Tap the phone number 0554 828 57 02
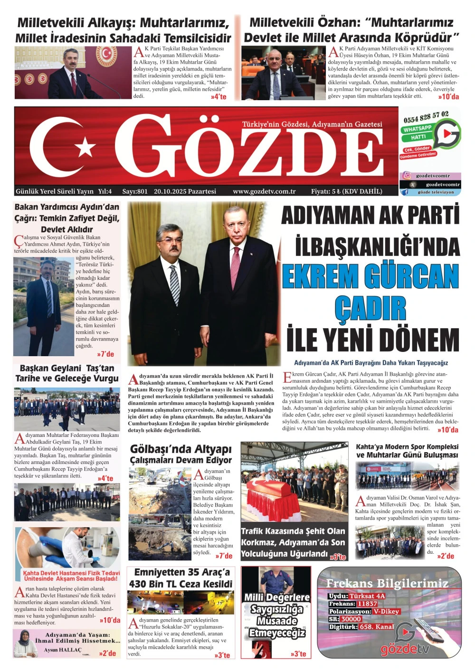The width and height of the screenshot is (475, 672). tap(426, 117)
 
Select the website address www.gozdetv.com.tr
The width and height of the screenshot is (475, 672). tap(264, 191)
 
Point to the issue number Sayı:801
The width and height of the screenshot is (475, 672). tap(135, 191)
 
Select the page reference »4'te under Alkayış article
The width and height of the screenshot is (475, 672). tap(218, 97)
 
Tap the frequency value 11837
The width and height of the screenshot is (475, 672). tap(367, 604)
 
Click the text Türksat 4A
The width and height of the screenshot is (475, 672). tap(367, 596)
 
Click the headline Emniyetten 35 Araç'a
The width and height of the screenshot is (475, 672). tap(182, 572)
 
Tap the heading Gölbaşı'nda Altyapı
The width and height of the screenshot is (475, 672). tap(180, 449)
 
